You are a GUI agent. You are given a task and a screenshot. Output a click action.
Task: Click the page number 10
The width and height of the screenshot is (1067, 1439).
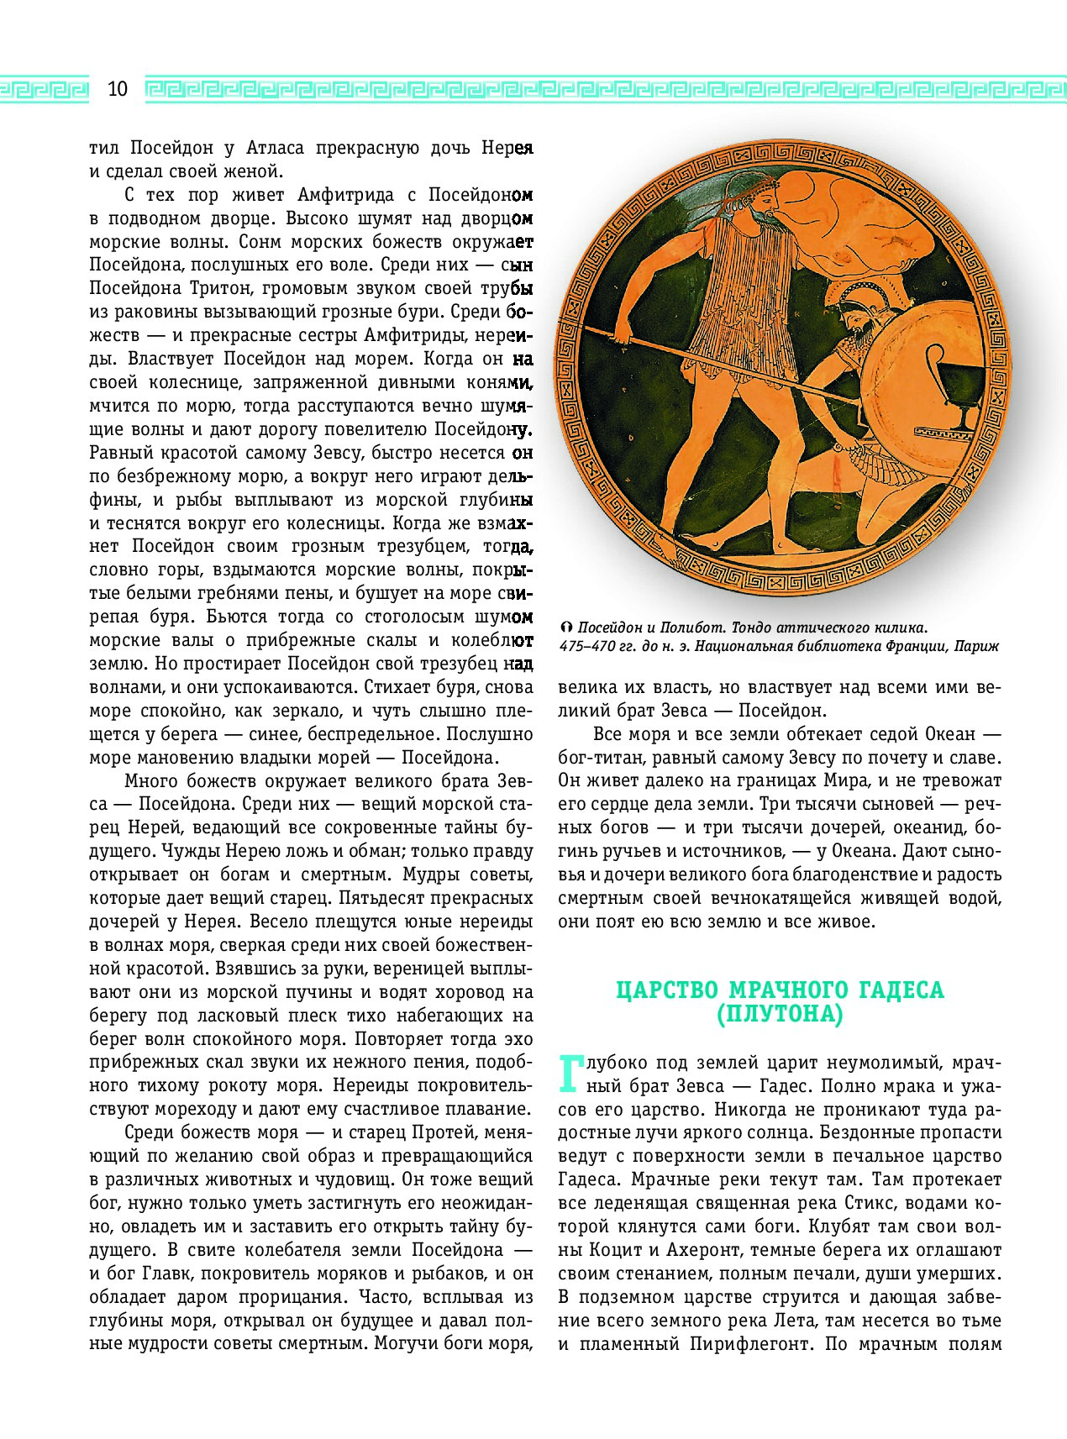[117, 89]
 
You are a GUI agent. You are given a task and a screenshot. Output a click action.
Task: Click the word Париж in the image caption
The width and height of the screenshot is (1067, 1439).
[975, 647]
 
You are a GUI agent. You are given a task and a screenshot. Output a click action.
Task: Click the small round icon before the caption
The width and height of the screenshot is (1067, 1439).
[565, 628]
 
